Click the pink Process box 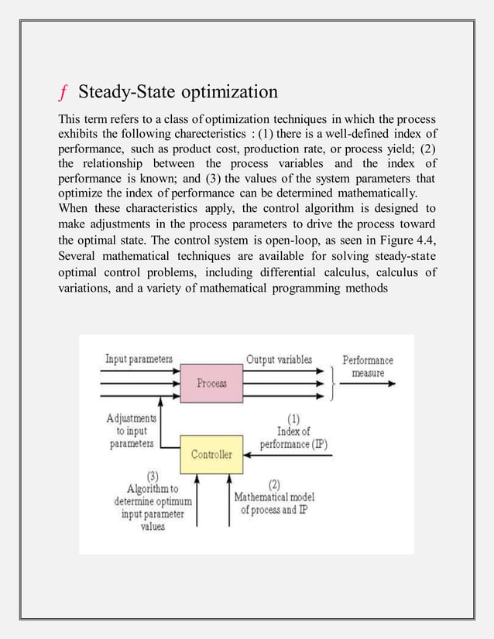click(x=211, y=382)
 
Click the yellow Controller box click(x=211, y=454)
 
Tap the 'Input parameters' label click(x=139, y=359)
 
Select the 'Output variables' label click(x=280, y=359)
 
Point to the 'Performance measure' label click(x=368, y=366)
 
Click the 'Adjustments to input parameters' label click(x=131, y=431)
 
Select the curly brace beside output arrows click(x=332, y=382)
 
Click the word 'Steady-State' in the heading click(x=128, y=93)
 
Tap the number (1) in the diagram click(x=295, y=419)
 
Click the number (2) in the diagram click(x=274, y=484)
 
